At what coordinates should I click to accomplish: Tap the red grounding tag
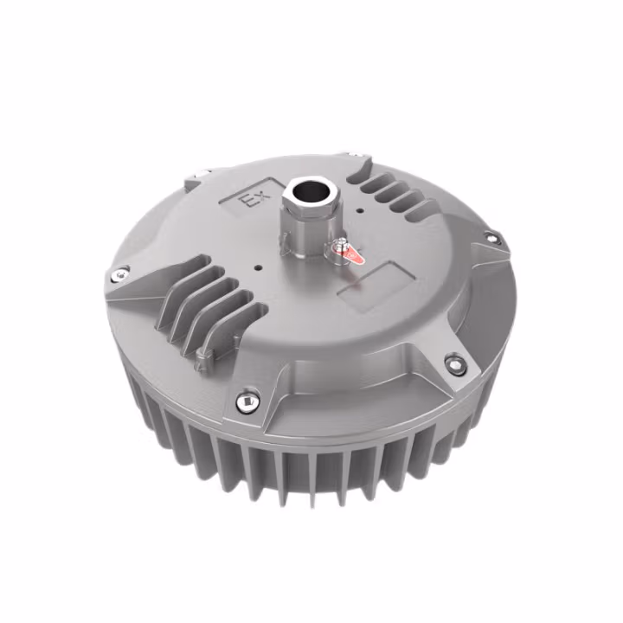[350, 255]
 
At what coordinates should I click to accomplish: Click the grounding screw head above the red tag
[344, 244]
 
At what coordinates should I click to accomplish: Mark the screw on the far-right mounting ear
[491, 237]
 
